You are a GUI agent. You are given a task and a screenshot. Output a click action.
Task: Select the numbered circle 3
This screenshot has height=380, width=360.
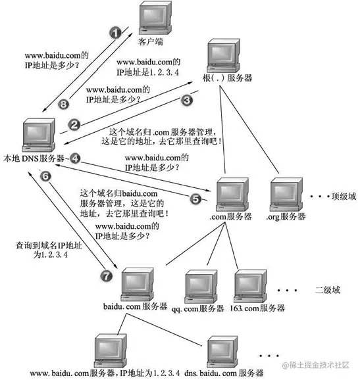pyautogui.click(x=186, y=101)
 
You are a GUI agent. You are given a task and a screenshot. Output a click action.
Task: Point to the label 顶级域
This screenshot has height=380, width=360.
pyautogui.click(x=342, y=196)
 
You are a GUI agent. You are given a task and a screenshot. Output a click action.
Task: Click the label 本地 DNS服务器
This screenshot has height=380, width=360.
pyautogui.click(x=33, y=158)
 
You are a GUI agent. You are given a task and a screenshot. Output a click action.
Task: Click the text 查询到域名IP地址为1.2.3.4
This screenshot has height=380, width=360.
pyautogui.click(x=41, y=251)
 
